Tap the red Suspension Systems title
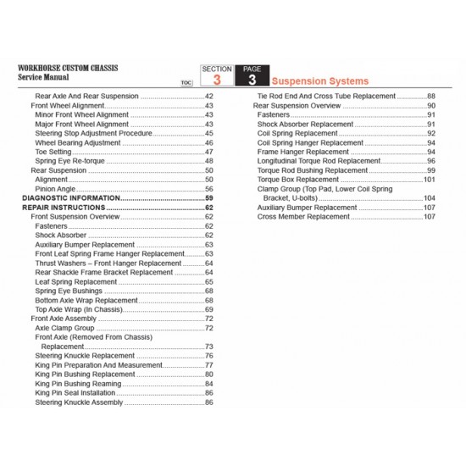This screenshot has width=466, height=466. click(320, 81)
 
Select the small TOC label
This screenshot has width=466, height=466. click(186, 84)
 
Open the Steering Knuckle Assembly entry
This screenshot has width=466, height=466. click(79, 402)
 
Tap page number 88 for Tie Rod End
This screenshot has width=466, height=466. click(430, 97)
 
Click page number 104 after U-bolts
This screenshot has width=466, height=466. click(429, 198)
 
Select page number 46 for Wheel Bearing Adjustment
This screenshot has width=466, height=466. click(209, 142)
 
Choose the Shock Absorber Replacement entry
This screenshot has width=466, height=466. click(305, 124)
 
